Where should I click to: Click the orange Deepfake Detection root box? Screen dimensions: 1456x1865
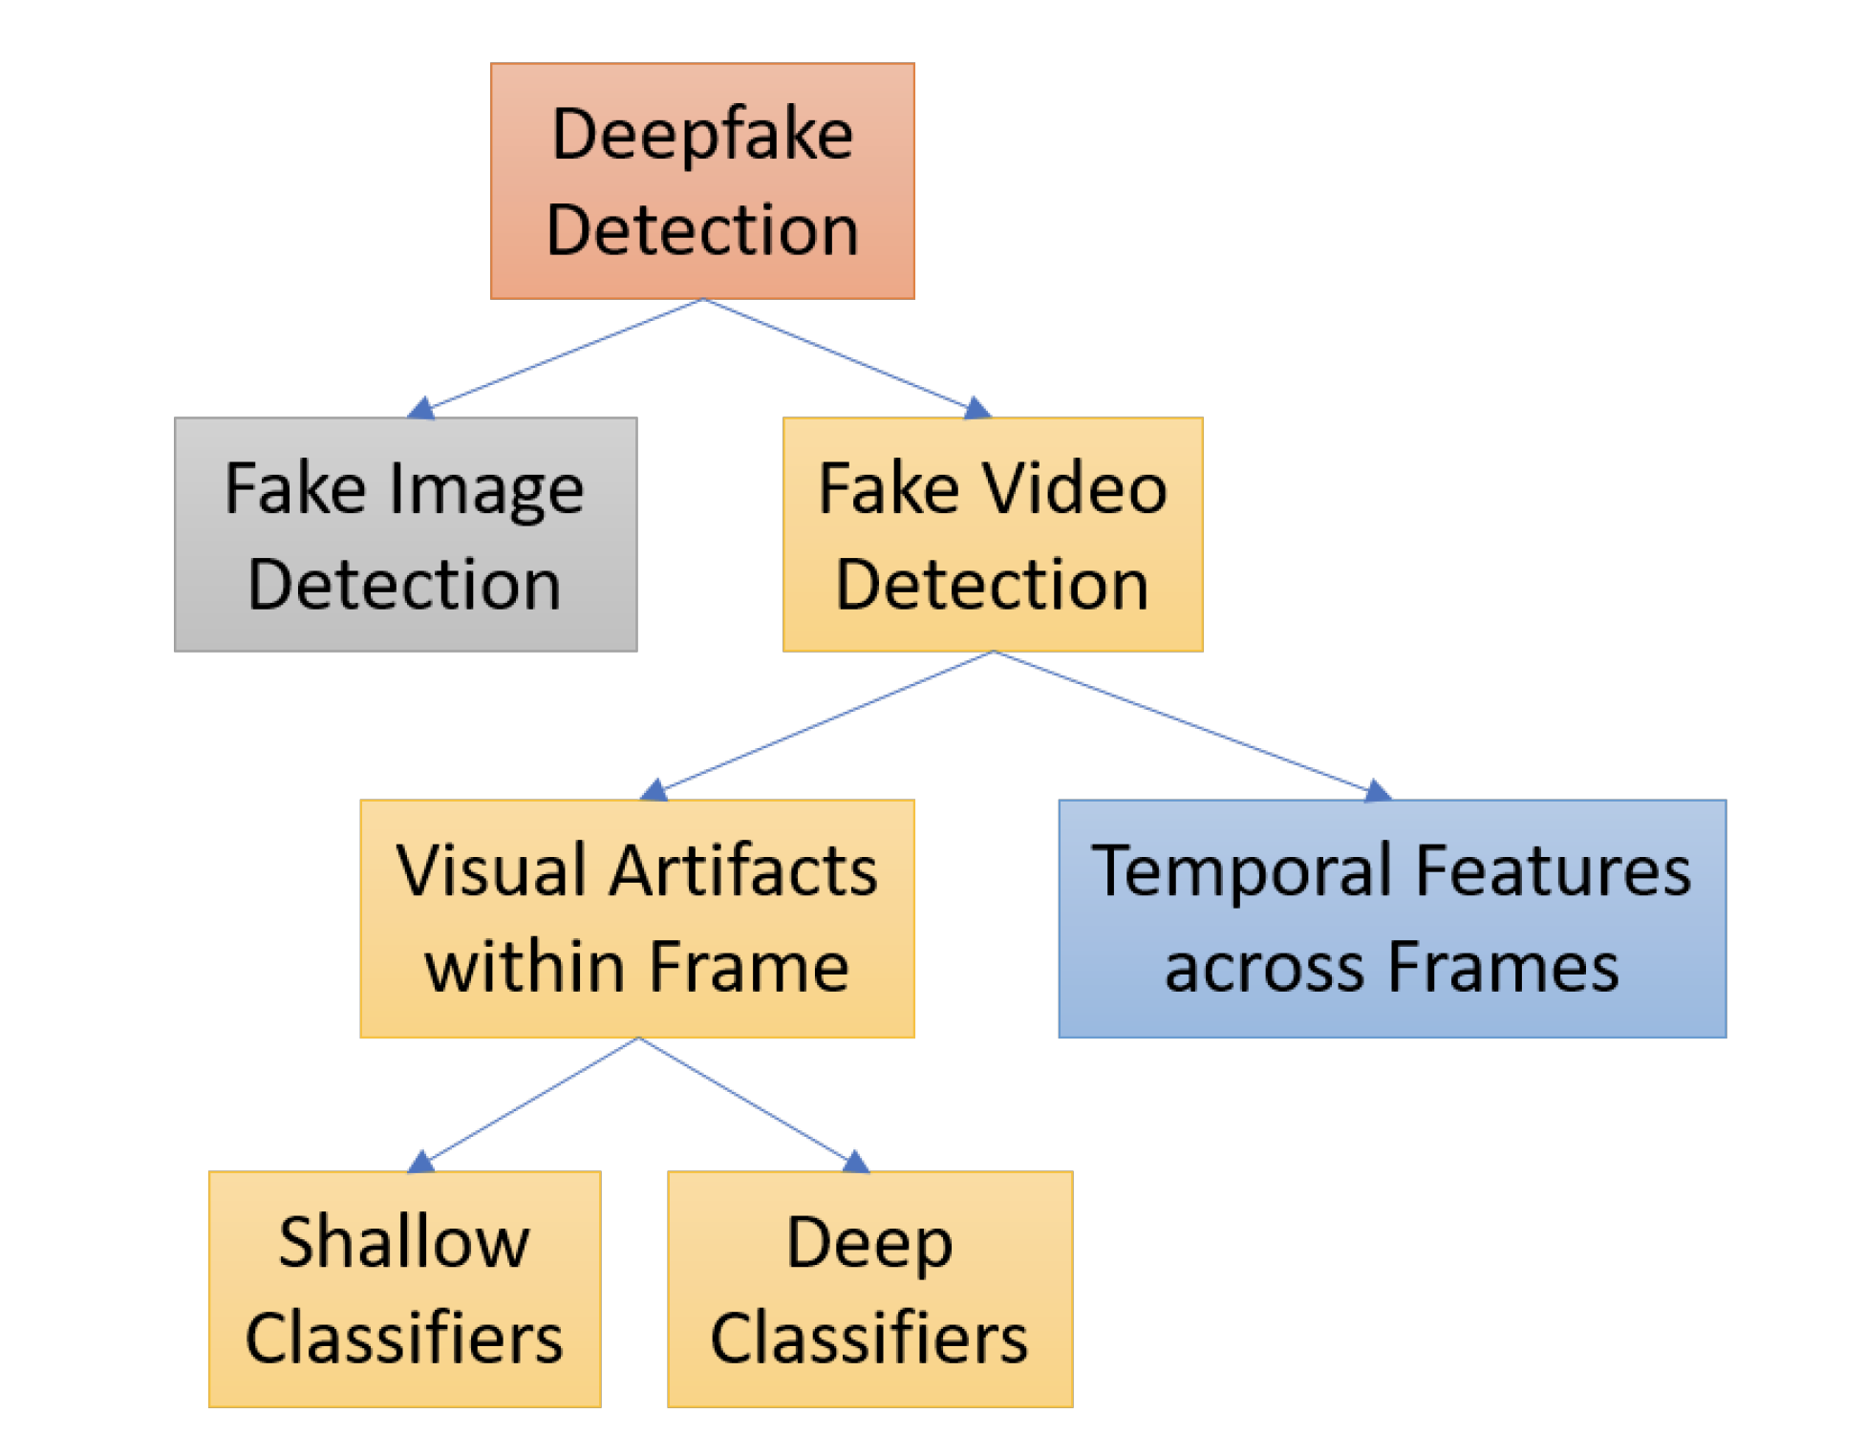coord(702,181)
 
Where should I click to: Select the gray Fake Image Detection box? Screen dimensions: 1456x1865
coord(405,534)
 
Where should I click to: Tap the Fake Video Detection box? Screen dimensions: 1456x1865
coord(992,534)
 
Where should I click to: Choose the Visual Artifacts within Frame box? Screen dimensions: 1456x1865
coord(636,918)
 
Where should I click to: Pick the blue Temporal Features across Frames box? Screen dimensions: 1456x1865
coord(1391,918)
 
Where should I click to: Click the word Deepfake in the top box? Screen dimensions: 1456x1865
coord(702,134)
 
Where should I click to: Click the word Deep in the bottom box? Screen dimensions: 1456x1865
coord(869,1243)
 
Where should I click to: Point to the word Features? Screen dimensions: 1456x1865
coord(1553,870)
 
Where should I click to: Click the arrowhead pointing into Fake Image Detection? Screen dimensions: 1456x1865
coord(420,409)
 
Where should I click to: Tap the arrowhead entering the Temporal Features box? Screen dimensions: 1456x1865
coord(1377,790)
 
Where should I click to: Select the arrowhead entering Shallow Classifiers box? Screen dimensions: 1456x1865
coord(420,1162)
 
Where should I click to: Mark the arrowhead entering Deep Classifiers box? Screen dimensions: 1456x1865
coord(856,1162)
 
